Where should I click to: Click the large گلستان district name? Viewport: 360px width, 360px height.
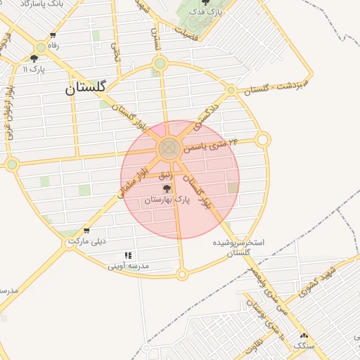click(x=86, y=88)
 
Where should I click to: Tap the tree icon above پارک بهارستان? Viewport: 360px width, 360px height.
click(x=167, y=188)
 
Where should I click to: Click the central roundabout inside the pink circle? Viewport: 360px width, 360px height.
click(x=168, y=148)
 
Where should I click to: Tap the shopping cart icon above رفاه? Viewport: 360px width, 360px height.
click(x=53, y=35)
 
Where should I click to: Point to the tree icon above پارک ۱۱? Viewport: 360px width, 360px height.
click(x=34, y=58)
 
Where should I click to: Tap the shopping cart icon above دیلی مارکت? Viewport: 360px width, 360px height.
click(x=86, y=231)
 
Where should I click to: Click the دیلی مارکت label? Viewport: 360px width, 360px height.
click(x=87, y=241)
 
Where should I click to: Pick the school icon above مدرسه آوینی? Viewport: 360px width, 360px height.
click(x=128, y=255)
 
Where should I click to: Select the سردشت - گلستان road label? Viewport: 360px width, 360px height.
click(x=278, y=84)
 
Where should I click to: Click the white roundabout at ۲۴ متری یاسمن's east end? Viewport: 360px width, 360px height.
click(x=263, y=140)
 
